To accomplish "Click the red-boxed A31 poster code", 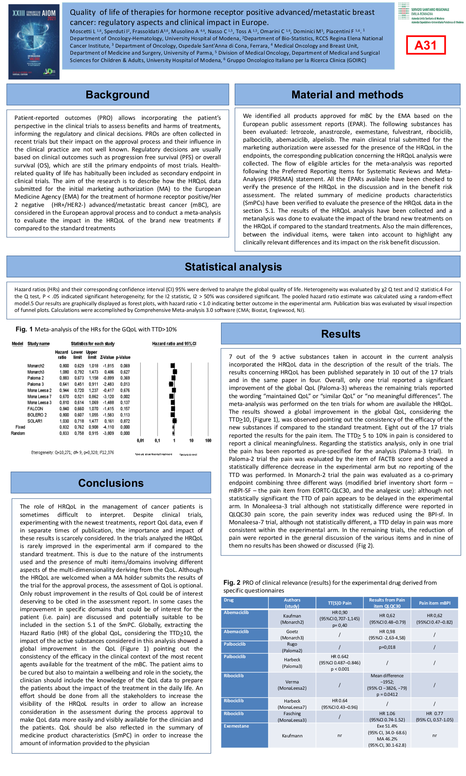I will point(425,45).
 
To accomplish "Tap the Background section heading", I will point(118,95).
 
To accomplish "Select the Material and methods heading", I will point(347,95).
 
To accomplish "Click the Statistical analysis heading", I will point(233,267).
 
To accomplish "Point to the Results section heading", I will point(341,334).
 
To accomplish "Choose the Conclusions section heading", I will point(111,483).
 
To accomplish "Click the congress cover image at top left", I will point(34,42).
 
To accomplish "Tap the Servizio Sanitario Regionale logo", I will point(430,14).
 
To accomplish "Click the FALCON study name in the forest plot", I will point(35,409).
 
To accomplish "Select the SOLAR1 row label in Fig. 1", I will point(35,421).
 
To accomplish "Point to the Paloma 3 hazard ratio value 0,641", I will point(64,384).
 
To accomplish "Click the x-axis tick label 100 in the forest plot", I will point(208,440).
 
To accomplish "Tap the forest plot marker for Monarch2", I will point(173,366).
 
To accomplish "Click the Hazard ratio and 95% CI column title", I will point(174,344).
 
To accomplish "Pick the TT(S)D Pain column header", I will point(339,603).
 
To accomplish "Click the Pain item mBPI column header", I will point(434,603).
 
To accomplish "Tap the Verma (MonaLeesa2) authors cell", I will point(292,685).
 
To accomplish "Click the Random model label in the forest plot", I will point(18,433).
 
